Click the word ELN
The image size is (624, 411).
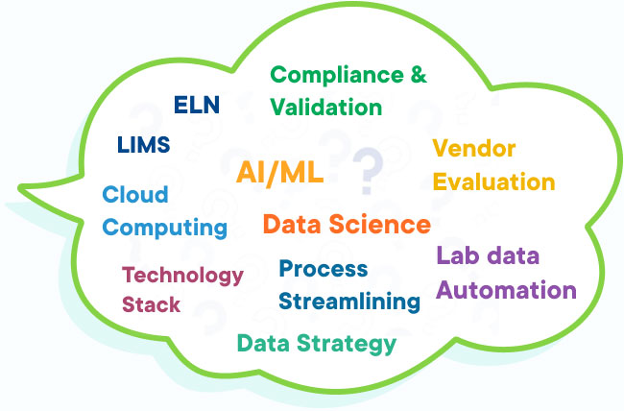pos(196,104)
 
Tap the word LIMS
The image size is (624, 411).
pos(143,145)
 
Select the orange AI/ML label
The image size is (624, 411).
pos(279,173)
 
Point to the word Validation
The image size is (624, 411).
pos(326,106)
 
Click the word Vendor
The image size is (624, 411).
pos(473,149)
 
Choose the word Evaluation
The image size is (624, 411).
pos(493,181)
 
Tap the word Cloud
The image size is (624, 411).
pos(135,195)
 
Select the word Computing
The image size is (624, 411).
pos(165,228)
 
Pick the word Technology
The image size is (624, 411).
pos(182,276)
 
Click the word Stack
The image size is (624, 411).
pos(151,306)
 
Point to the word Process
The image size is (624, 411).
pos(323,269)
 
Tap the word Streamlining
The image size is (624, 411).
pos(349,302)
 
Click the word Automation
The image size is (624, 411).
pos(506,290)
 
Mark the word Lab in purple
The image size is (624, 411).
pos(456,256)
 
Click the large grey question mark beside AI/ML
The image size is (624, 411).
pos(366,171)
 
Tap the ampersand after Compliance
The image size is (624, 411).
pos(418,75)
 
